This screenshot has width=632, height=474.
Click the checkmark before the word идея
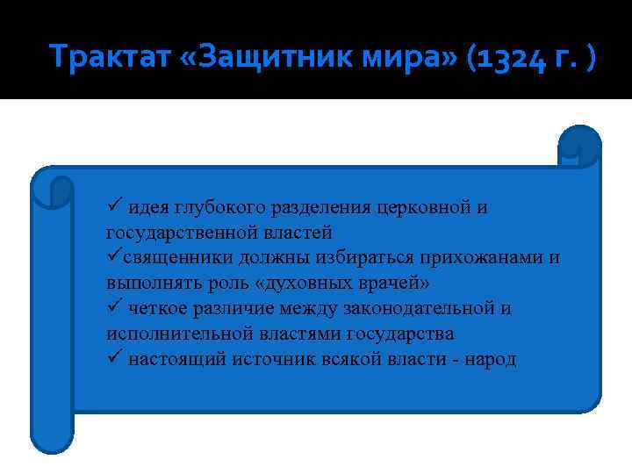[113, 207]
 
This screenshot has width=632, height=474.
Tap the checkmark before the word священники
[113, 258]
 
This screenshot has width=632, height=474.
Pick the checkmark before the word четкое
[113, 309]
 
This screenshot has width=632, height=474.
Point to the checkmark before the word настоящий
[113, 360]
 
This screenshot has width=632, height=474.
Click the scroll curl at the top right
[578, 147]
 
